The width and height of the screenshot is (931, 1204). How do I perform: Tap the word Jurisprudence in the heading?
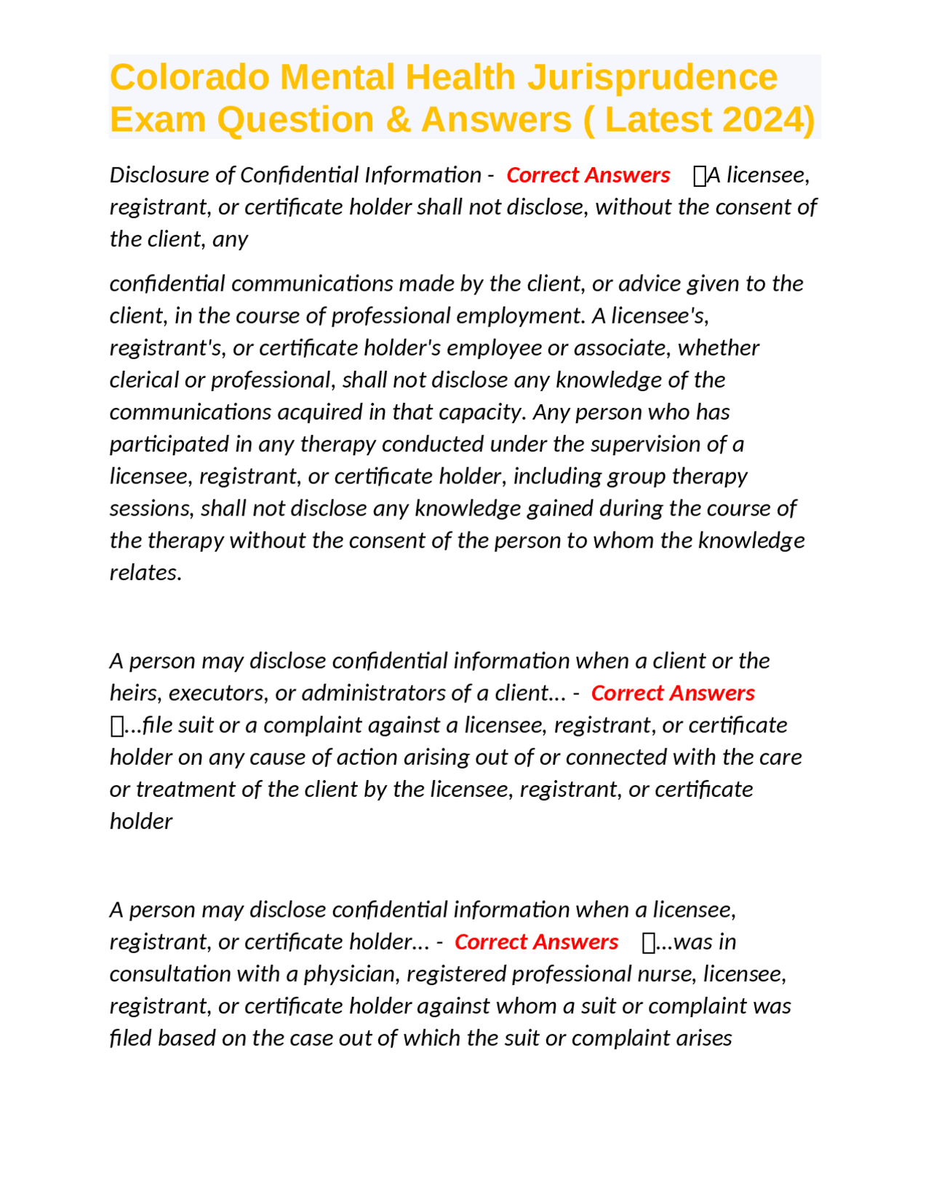tap(652, 77)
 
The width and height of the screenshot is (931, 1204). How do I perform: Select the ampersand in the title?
tap(399, 120)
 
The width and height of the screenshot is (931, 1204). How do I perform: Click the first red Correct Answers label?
tap(588, 175)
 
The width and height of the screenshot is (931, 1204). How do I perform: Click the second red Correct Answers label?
tap(672, 693)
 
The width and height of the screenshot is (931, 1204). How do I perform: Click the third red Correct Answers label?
tap(536, 942)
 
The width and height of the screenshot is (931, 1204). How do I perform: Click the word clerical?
tap(144, 380)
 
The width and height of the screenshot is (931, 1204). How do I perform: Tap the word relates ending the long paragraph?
tap(145, 572)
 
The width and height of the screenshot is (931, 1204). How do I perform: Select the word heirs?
tap(135, 693)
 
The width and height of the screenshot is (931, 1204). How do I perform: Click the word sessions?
tap(151, 508)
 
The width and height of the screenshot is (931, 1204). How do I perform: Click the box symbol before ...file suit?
tap(116, 726)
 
